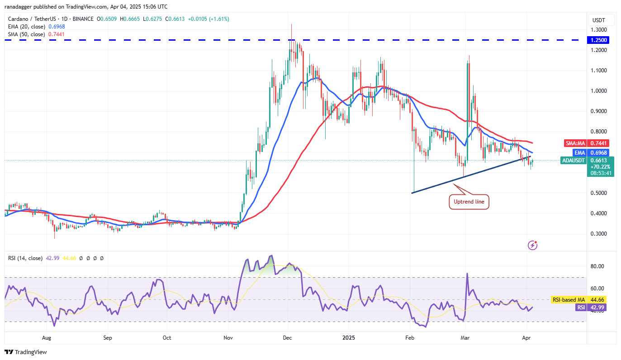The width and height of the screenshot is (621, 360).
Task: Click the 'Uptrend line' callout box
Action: tap(469, 202)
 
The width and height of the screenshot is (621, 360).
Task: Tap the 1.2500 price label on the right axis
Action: tap(599, 40)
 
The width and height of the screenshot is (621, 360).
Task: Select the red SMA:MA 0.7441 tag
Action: tap(586, 143)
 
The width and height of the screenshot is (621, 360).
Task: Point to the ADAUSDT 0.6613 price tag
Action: tap(586, 161)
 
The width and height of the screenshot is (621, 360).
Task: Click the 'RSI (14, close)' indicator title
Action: tap(25, 258)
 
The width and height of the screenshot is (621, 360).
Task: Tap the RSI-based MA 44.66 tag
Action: tap(568, 299)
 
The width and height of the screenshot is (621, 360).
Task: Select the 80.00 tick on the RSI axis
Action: tap(598, 266)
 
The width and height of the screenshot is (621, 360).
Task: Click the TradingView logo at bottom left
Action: tap(26, 352)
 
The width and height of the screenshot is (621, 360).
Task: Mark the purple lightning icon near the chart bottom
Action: tap(533, 245)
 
